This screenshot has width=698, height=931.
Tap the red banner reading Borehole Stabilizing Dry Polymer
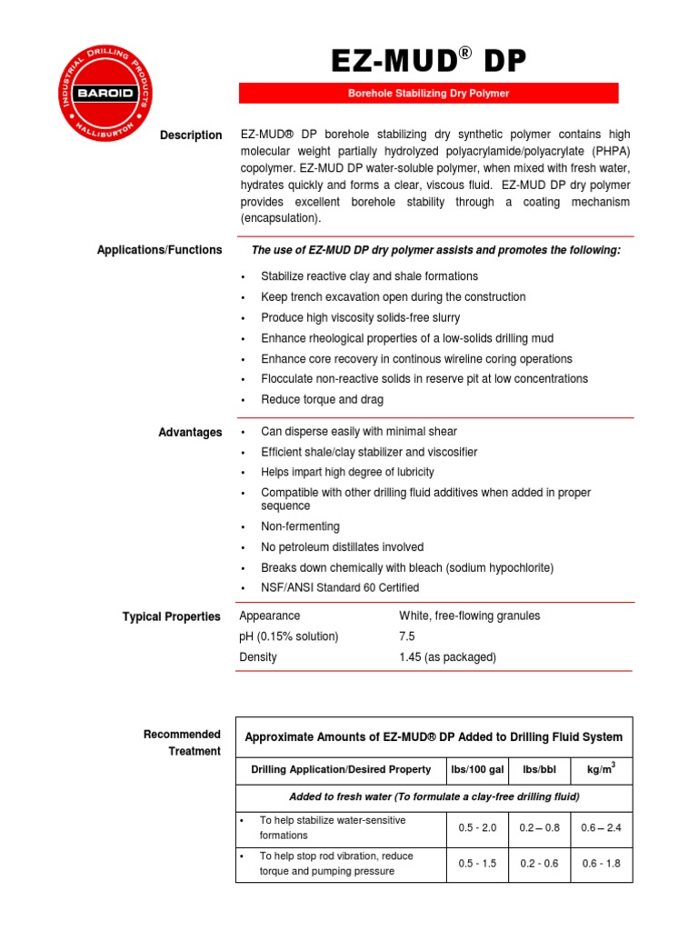(x=428, y=94)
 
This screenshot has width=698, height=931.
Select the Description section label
(x=191, y=135)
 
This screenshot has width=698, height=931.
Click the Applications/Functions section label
(x=159, y=250)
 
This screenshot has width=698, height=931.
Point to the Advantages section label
(x=190, y=433)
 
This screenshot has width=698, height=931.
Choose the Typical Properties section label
(x=172, y=617)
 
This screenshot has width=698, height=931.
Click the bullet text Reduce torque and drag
(x=322, y=399)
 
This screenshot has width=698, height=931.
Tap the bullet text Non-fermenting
(x=300, y=526)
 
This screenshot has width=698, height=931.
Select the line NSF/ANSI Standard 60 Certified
(x=340, y=588)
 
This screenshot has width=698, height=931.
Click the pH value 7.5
(x=407, y=636)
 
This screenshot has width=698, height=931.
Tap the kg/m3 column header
(x=601, y=770)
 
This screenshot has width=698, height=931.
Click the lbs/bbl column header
(x=539, y=770)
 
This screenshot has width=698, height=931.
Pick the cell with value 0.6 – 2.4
(x=601, y=828)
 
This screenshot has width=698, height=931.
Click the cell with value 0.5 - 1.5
(x=477, y=864)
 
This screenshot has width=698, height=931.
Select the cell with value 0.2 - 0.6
(x=539, y=864)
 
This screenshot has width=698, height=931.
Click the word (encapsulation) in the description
(x=280, y=219)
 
